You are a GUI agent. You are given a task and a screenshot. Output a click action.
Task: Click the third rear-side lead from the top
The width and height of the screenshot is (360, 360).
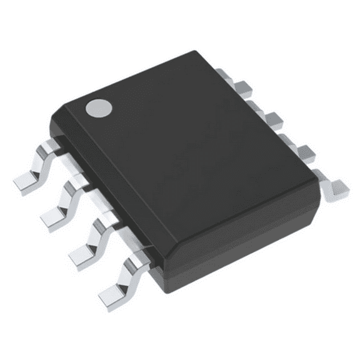point(304,150)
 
